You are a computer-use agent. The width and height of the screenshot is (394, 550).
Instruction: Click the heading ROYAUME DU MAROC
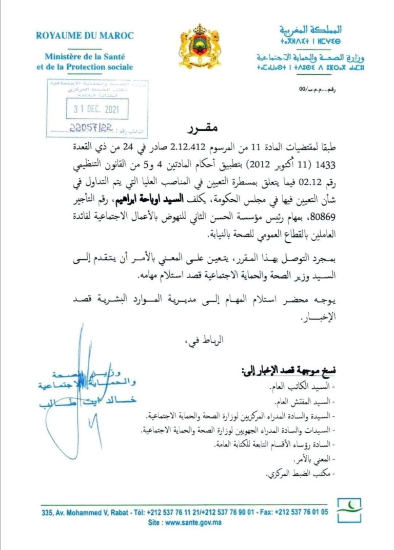85,35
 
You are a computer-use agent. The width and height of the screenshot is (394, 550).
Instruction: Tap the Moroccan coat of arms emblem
196,45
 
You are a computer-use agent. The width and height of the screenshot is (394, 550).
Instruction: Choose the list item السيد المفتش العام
309,402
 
